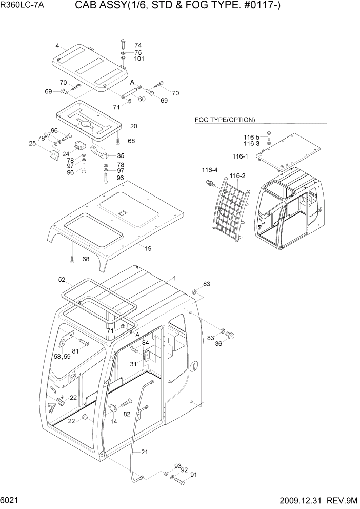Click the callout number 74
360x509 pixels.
coord(138,45)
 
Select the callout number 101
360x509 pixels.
coord(139,58)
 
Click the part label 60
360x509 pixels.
coord(142,99)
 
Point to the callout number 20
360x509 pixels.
coord(133,126)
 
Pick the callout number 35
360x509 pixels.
coord(120,155)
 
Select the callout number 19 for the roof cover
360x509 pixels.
coord(148,249)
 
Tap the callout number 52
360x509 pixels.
coord(62,280)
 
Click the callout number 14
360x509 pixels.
coord(114,421)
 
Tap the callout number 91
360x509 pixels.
coord(193,475)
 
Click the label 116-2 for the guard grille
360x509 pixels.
coord(237,176)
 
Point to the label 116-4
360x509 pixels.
coord(209,170)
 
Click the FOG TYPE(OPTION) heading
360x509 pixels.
coord(225,120)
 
